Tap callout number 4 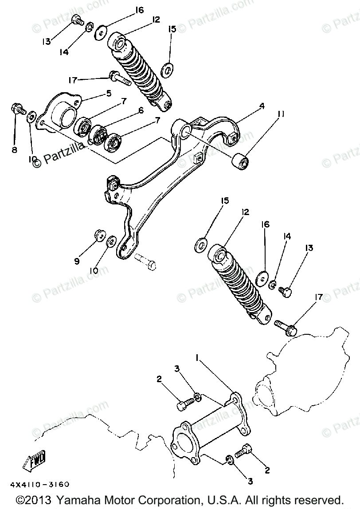(262, 107)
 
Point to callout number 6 (141, 111)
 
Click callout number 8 (14, 150)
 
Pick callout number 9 (77, 262)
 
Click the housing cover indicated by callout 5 (62, 113)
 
